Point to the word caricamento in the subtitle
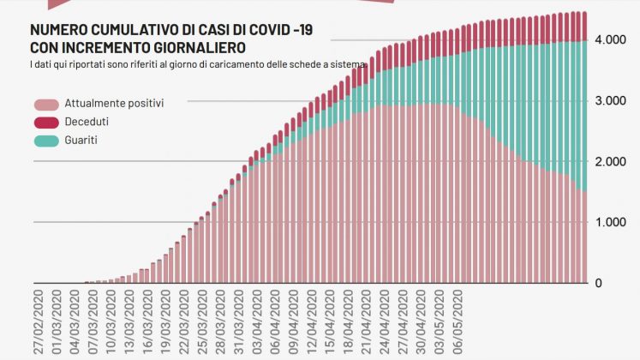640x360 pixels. pyautogui.click(x=257, y=64)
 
